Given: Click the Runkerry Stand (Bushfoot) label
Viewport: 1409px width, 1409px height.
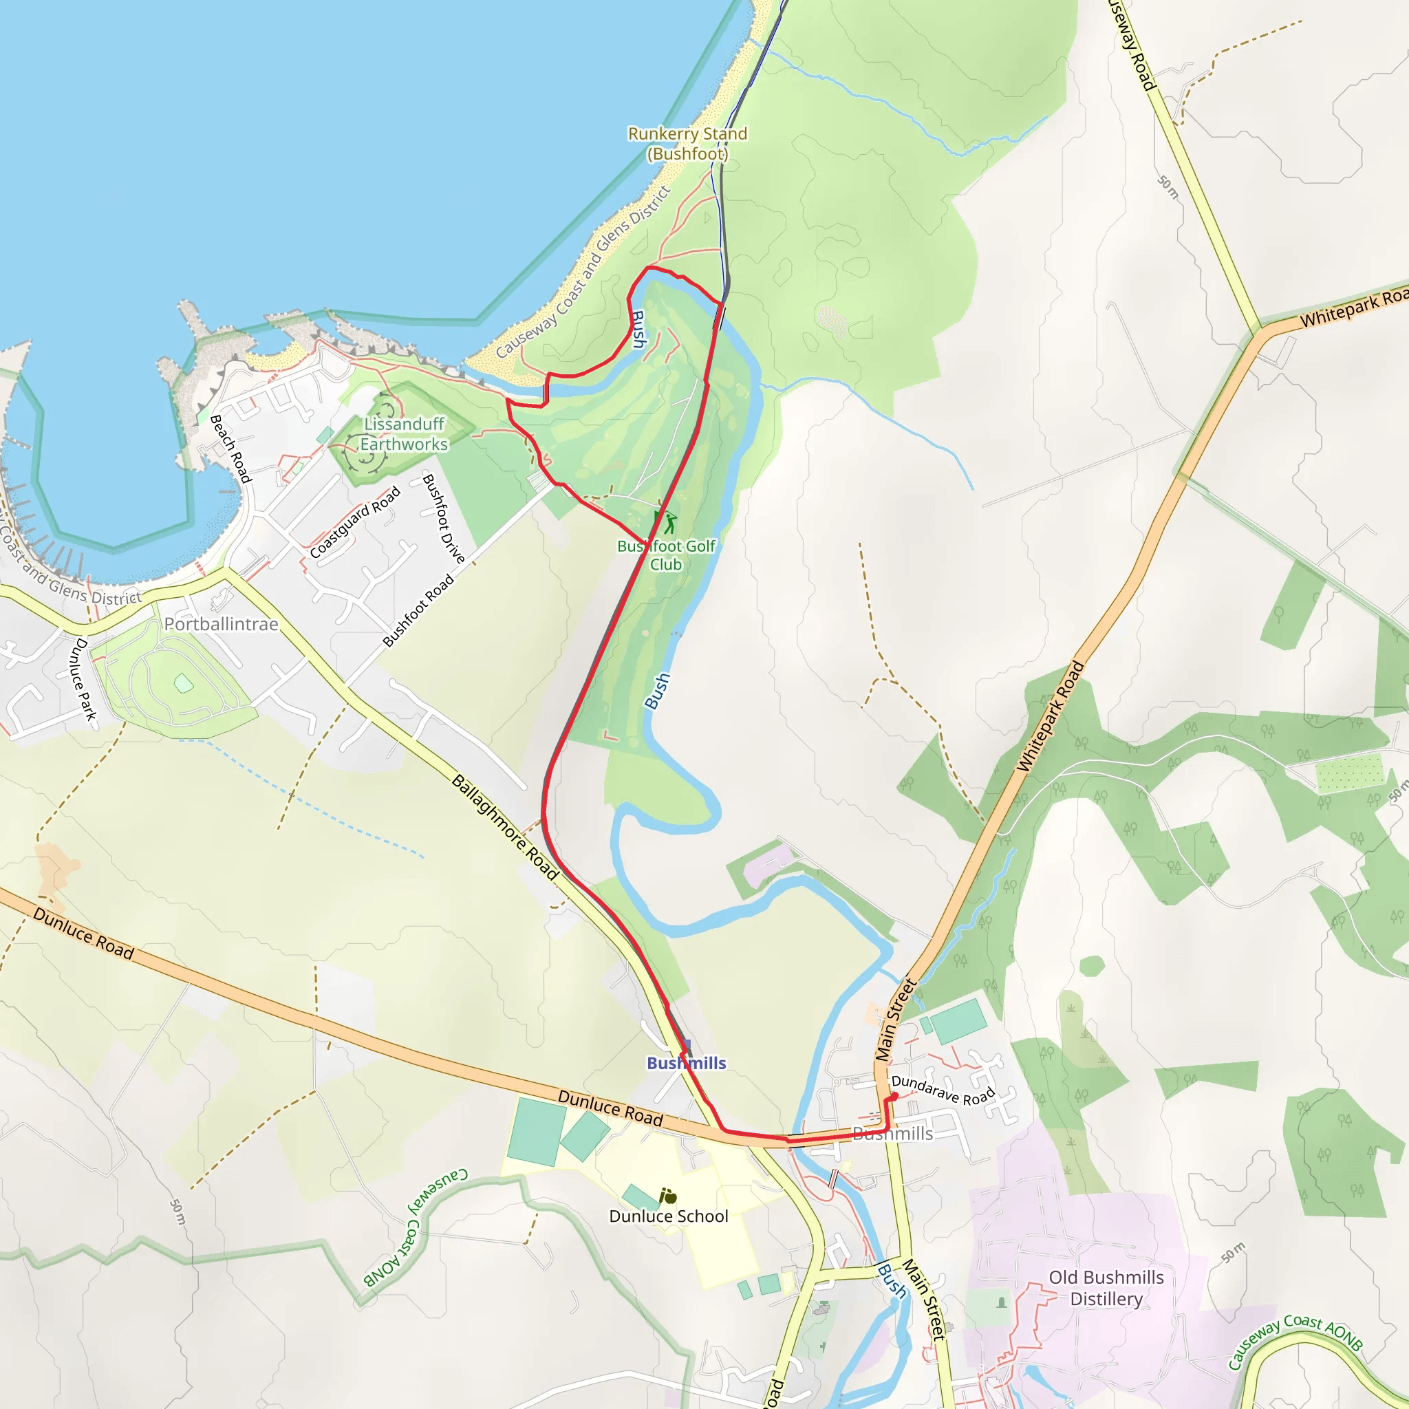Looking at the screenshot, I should pyautogui.click(x=687, y=144).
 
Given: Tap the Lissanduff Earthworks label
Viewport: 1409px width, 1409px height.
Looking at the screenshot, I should pyautogui.click(x=404, y=434).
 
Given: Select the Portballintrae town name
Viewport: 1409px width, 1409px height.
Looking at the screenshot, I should pyautogui.click(x=221, y=624).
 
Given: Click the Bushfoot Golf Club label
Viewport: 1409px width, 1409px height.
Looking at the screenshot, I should pyautogui.click(x=666, y=555).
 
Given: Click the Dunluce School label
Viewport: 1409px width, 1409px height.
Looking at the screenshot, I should pyautogui.click(x=668, y=1216).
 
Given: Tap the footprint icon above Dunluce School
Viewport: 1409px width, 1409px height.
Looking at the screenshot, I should pyautogui.click(x=667, y=1196).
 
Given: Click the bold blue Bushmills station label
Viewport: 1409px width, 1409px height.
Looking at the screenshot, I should pyautogui.click(x=686, y=1062).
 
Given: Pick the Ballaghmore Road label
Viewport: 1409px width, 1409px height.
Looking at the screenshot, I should pyautogui.click(x=506, y=828).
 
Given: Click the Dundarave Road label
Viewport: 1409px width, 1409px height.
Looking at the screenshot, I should pyautogui.click(x=943, y=1090).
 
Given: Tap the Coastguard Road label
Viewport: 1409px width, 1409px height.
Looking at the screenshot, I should pyautogui.click(x=355, y=522).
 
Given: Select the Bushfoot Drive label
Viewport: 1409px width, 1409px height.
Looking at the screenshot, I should pyautogui.click(x=444, y=518).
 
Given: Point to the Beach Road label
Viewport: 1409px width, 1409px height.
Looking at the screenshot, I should pyautogui.click(x=230, y=449).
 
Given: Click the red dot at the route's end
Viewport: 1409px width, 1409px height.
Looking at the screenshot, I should pyautogui.click(x=894, y=1096).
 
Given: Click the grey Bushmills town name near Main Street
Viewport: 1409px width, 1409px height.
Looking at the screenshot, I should pyautogui.click(x=892, y=1133).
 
